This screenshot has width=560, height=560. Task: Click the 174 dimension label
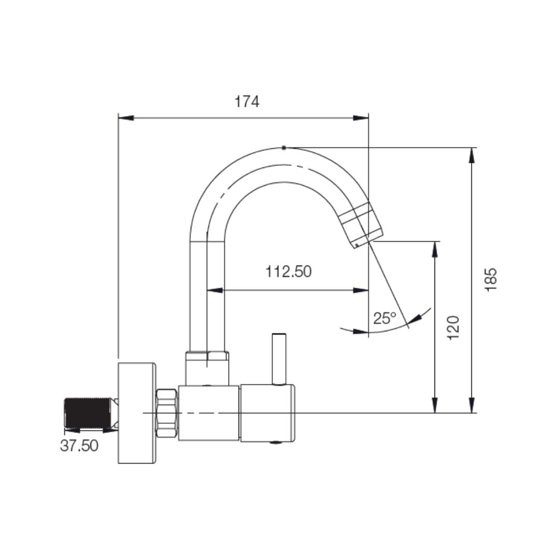(x=246, y=102)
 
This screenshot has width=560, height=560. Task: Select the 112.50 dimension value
(x=288, y=271)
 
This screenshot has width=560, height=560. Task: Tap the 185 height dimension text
(x=491, y=279)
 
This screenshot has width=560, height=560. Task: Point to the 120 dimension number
(x=453, y=328)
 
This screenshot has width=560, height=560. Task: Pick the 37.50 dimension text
(x=79, y=445)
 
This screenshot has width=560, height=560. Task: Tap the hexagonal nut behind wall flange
(x=166, y=413)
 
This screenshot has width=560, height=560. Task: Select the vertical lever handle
(x=278, y=359)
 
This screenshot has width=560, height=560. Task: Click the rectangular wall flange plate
(x=137, y=413)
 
